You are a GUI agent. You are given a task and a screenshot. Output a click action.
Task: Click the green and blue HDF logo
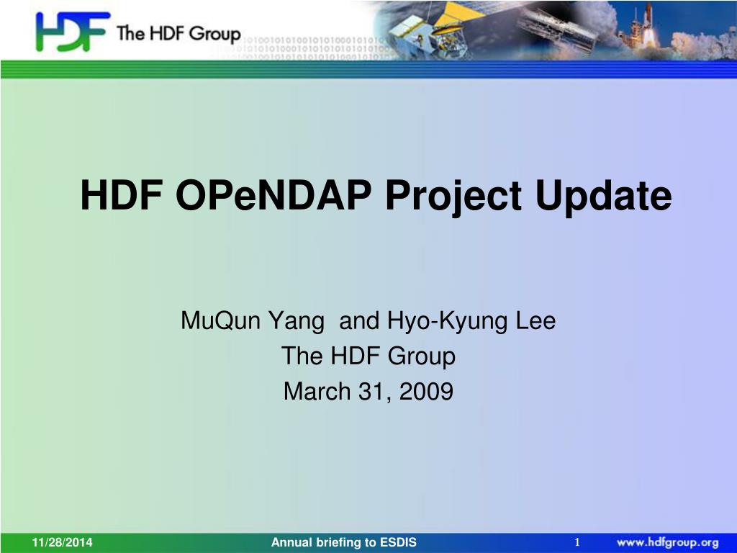point(73,32)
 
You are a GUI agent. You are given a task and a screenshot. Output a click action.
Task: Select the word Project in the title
point(453,197)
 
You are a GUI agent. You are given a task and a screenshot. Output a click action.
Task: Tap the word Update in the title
point(604,197)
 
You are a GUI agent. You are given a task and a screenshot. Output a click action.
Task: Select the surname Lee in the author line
point(535,320)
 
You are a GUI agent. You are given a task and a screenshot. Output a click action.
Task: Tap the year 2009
point(426,391)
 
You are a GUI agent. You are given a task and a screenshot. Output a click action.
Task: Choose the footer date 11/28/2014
point(62,542)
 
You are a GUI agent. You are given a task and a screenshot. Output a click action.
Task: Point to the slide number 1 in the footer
point(577,542)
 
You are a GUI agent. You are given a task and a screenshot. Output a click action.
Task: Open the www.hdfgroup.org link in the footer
point(667,543)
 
